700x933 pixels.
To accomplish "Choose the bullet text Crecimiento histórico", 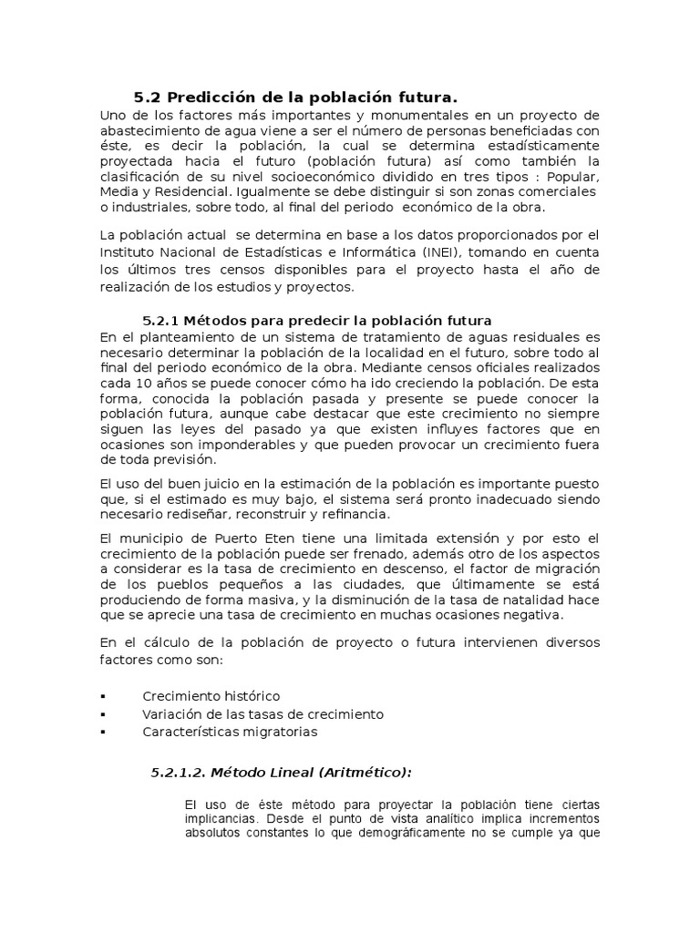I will pyautogui.click(x=211, y=696).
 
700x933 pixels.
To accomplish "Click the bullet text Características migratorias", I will pyautogui.click(x=231, y=731).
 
